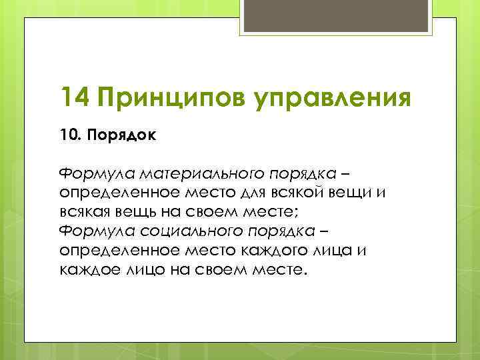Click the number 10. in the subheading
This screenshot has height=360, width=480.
[69, 135]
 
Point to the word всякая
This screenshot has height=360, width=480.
[87, 213]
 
